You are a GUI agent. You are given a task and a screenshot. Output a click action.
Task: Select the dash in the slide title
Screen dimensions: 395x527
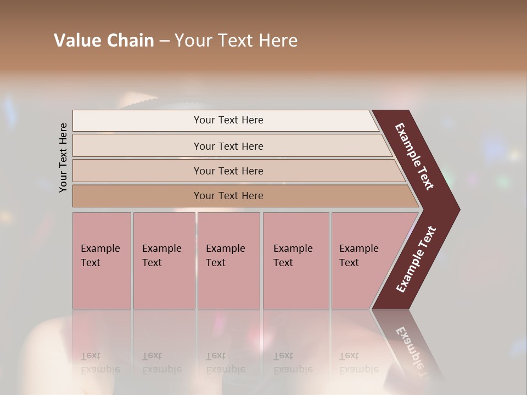click(164, 41)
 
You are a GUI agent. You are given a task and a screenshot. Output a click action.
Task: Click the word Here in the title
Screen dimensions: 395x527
click(278, 41)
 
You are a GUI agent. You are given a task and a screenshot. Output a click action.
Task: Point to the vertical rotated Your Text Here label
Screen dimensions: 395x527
click(63, 157)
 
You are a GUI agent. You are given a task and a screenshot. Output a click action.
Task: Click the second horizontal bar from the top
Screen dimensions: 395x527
click(228, 146)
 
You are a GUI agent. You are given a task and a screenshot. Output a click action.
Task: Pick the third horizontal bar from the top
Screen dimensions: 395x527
click(228, 171)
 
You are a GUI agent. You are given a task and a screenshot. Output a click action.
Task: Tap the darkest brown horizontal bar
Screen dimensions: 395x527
click(228, 196)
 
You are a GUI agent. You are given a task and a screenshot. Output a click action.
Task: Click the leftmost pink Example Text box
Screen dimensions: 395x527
click(102, 260)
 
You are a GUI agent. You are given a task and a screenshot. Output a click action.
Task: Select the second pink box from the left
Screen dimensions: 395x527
click(164, 260)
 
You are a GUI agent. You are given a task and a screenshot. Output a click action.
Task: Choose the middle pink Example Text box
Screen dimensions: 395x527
click(228, 260)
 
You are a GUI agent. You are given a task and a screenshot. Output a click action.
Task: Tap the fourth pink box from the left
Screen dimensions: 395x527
click(296, 260)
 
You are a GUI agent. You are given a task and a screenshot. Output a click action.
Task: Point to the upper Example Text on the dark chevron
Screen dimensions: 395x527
click(414, 156)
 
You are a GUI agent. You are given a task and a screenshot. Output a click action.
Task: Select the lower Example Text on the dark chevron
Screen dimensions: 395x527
click(416, 259)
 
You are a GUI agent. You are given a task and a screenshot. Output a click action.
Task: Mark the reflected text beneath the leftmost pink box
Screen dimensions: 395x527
click(100, 363)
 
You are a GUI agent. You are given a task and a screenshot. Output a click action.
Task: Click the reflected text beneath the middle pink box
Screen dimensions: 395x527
click(225, 363)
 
